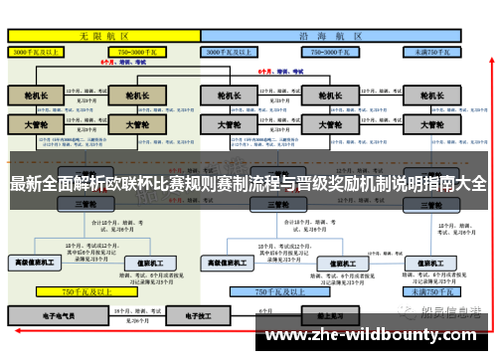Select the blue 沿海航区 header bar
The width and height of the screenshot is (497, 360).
tap(332, 34)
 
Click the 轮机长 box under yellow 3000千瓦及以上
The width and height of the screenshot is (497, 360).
tap(36, 96)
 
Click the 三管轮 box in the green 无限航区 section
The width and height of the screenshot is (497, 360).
tap(85, 204)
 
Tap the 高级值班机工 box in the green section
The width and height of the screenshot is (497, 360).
tap(36, 263)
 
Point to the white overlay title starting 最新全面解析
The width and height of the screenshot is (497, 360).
tap(248, 183)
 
